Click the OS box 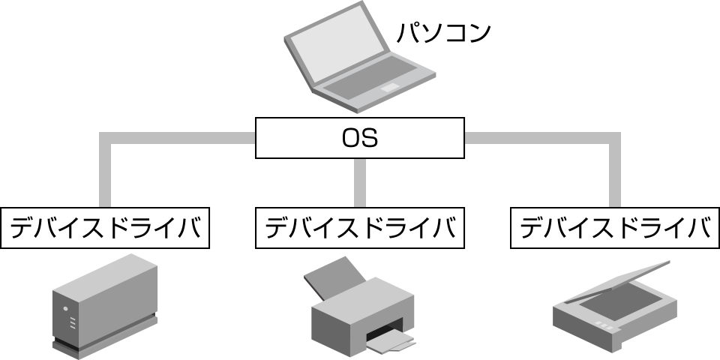(359, 138)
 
